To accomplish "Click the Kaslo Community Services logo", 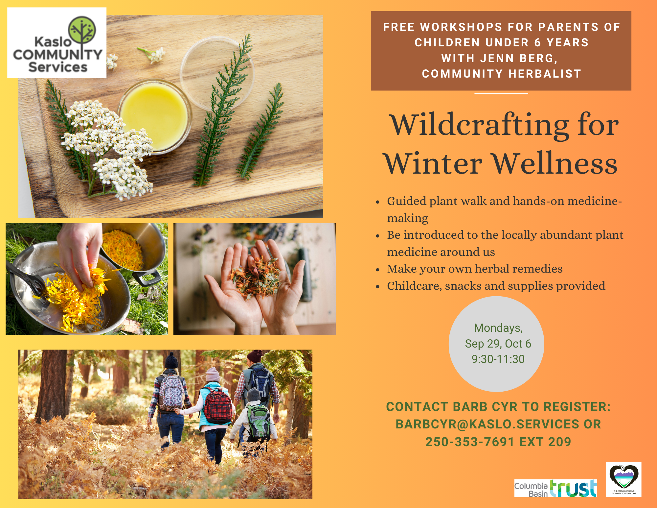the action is (57, 43).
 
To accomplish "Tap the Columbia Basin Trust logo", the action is (555, 488).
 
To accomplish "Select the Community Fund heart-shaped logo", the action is (623, 479).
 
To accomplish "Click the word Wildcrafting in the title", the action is (480, 125).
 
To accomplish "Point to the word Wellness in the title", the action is (555, 164).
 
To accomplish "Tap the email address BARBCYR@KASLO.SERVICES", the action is (487, 424).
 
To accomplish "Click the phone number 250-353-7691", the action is (470, 442).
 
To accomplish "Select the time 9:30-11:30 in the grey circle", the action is (498, 359).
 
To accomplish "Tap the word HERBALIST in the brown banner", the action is (545, 74).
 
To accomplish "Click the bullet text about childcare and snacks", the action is (496, 286).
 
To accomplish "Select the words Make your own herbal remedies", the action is (475, 269).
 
